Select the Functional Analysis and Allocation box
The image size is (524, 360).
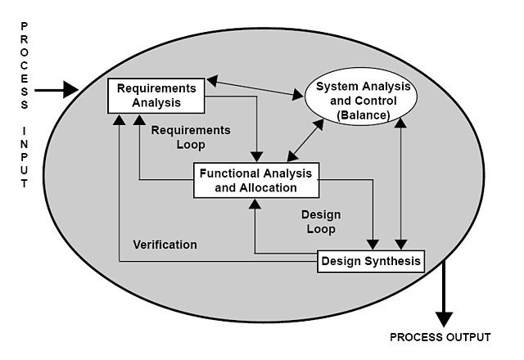(256, 180)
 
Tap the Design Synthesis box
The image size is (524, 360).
(370, 262)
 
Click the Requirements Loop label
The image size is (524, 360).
(191, 137)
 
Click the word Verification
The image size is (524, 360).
(165, 245)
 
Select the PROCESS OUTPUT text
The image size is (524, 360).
(440, 337)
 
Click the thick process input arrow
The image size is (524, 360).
(57, 89)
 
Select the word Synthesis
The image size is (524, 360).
(393, 262)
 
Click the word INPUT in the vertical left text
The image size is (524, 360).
(25, 156)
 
